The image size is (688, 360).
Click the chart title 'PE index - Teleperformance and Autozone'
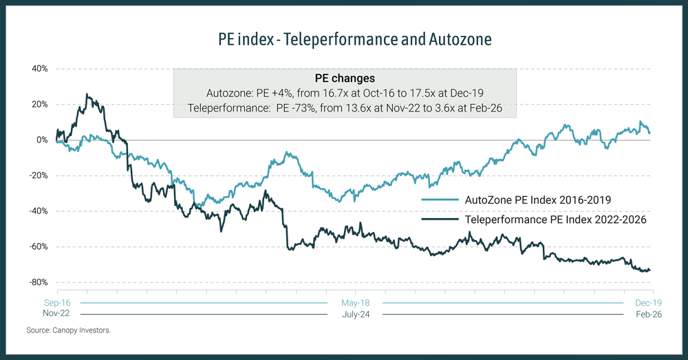coord(344,39)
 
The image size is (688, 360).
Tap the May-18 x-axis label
coord(355,303)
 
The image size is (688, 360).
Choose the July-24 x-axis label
coord(355,315)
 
